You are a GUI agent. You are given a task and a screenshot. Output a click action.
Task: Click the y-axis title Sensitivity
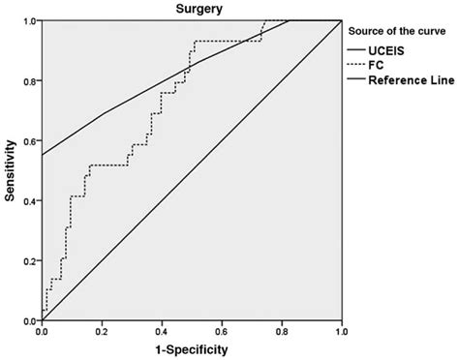[x=10, y=170]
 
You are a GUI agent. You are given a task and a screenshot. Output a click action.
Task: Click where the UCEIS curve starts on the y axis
[x=43, y=155]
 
